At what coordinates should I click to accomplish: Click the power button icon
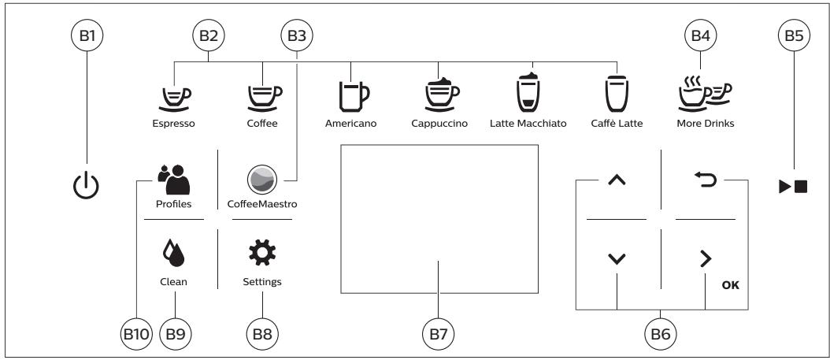click(x=86, y=187)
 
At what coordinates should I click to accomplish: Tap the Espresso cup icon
click(x=174, y=98)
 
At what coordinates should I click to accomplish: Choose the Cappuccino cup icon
click(x=441, y=95)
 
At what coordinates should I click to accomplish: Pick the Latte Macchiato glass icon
click(x=528, y=92)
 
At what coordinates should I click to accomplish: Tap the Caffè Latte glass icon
click(x=617, y=94)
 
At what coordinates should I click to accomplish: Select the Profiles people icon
click(x=174, y=180)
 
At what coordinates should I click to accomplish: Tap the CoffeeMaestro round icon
click(x=262, y=180)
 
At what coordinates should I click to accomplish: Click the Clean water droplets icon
click(x=173, y=253)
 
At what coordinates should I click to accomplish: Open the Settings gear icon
click(x=262, y=253)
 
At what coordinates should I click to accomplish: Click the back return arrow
click(x=705, y=180)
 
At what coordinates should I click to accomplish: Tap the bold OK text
click(x=731, y=285)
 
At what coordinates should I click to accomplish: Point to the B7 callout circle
click(x=439, y=334)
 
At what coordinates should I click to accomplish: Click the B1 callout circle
click(x=87, y=35)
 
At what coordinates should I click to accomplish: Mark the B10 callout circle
click(x=136, y=334)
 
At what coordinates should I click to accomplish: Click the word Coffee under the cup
click(x=262, y=124)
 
